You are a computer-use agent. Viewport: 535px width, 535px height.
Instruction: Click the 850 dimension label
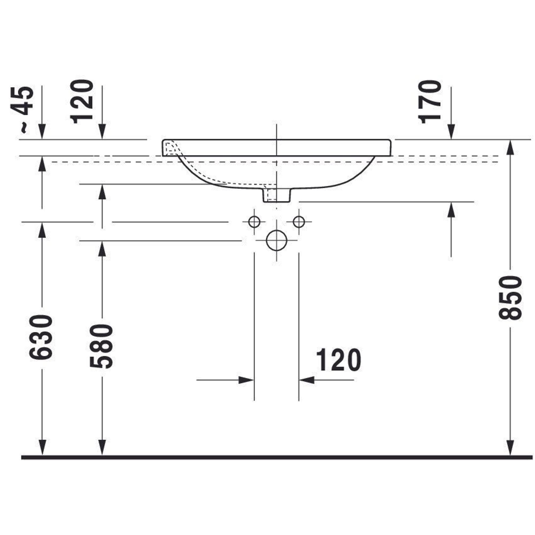[x=510, y=298]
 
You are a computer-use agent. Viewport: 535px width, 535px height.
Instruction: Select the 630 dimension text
[x=41, y=337]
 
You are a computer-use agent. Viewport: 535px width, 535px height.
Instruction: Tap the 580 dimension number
[x=102, y=346]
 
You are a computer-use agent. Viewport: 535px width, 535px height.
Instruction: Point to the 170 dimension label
[x=430, y=102]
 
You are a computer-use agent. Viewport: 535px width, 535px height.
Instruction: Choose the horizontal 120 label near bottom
[x=338, y=360]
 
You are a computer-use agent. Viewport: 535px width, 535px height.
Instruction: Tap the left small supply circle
[x=254, y=222]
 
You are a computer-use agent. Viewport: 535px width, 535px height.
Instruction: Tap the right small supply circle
[x=299, y=222]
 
